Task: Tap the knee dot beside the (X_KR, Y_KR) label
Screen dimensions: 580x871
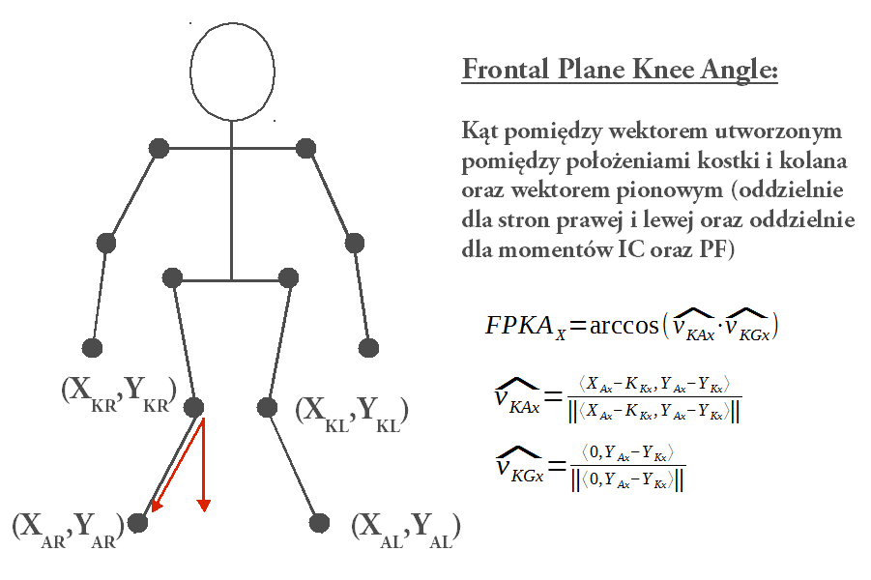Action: (194, 407)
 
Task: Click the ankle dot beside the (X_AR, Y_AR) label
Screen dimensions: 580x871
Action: (138, 523)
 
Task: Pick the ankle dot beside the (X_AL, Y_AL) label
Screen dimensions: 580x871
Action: (319, 523)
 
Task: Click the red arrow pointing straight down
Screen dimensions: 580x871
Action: (204, 464)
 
